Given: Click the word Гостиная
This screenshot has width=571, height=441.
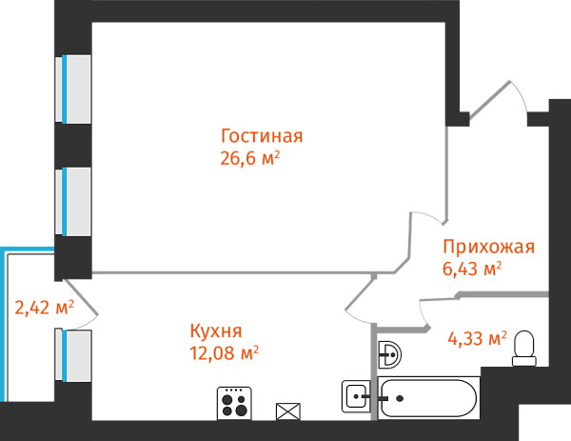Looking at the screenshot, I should click(x=262, y=135).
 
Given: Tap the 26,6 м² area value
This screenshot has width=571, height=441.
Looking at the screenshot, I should click(x=250, y=158).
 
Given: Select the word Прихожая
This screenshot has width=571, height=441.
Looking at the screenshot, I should click(x=488, y=247).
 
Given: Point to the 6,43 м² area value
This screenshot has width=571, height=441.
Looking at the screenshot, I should click(x=472, y=270).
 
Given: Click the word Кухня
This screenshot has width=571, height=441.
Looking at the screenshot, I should click(x=216, y=331).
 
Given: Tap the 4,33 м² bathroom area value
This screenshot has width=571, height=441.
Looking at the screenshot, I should click(x=477, y=338).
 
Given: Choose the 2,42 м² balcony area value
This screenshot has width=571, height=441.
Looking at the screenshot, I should click(x=44, y=308).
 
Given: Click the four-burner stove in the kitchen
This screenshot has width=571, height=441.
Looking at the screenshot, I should click(x=234, y=403).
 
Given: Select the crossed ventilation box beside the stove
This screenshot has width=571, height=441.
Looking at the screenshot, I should click(x=287, y=411).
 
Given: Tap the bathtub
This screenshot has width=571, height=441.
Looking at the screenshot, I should click(x=428, y=399).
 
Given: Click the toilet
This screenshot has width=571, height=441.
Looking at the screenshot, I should click(x=524, y=349).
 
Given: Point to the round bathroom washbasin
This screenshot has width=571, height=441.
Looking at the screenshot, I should click(x=389, y=355).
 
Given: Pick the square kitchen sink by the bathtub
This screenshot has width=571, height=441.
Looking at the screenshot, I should click(x=356, y=395).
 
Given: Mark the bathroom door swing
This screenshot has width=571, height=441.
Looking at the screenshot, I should click(x=432, y=312).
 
